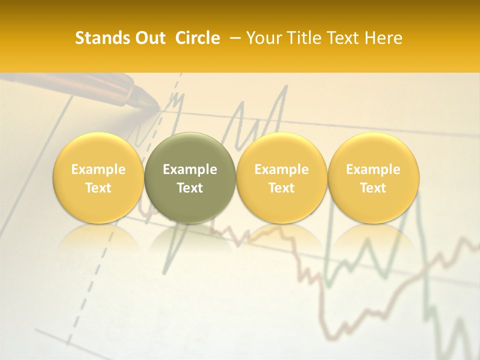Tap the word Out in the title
[149, 38]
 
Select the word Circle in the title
[197, 38]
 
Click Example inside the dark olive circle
[190, 169]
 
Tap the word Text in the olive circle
[190, 188]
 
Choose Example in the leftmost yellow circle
[98, 169]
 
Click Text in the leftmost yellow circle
[98, 188]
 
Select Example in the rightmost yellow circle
[373, 169]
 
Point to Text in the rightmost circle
[373, 188]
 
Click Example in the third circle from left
[281, 169]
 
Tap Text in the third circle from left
[281, 188]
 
